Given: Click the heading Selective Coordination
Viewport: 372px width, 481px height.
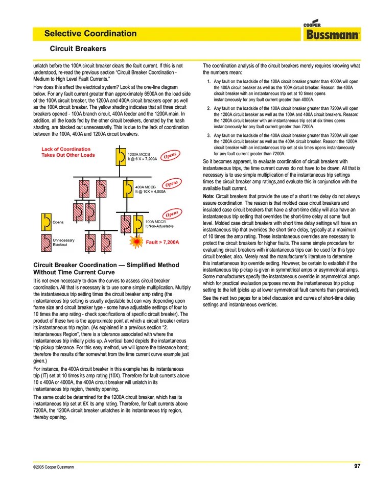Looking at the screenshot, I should pos(90,34).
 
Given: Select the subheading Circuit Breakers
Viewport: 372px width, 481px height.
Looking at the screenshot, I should pos(77,49).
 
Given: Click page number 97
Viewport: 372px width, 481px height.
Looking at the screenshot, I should pos(357,466).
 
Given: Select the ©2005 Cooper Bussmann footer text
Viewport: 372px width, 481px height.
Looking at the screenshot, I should pos(54,467).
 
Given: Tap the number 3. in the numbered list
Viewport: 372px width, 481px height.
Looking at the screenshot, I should pos(208,135).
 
